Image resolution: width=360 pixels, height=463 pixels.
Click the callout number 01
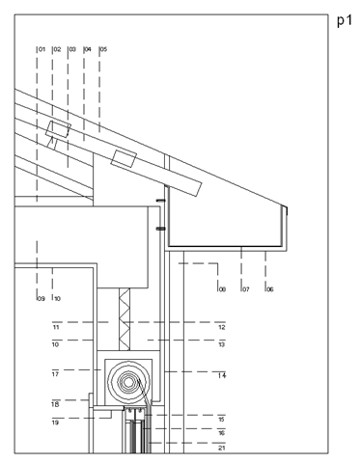click(x=42, y=49)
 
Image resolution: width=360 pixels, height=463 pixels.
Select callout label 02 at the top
click(x=57, y=49)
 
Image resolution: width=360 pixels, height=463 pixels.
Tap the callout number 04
click(x=88, y=49)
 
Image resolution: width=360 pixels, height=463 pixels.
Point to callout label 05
click(x=103, y=49)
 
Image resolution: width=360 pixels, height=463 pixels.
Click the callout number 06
click(x=270, y=289)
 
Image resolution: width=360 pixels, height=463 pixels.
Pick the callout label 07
click(x=246, y=289)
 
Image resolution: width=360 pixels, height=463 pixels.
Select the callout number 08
click(x=222, y=289)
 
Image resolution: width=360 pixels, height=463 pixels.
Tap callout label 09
click(x=41, y=299)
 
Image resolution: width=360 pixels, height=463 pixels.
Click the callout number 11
click(x=56, y=327)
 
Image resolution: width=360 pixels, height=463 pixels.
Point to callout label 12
click(x=222, y=327)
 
